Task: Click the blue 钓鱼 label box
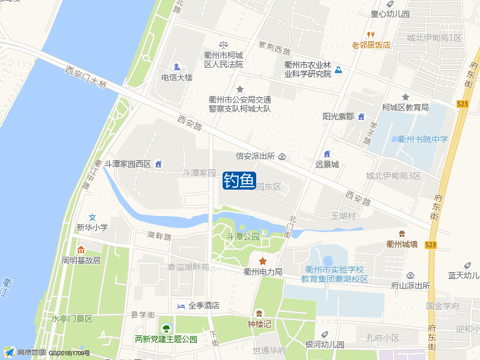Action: pyautogui.click(x=240, y=180)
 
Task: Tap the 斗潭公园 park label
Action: pyautogui.click(x=242, y=237)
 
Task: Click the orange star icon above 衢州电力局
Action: pyautogui.click(x=263, y=261)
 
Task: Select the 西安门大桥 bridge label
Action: pyautogui.click(x=86, y=77)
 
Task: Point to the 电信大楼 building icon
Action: pyautogui.click(x=177, y=67)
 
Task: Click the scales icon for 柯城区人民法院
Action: pyautogui.click(x=223, y=44)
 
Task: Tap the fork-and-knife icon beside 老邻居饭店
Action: pyautogui.click(x=371, y=35)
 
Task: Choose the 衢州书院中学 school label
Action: pyautogui.click(x=423, y=139)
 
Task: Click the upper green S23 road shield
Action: pyautogui.click(x=462, y=104)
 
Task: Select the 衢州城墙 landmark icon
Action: pyautogui.click(x=401, y=233)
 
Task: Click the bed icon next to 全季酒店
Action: pyautogui.click(x=181, y=306)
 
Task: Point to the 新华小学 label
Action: pyautogui.click(x=92, y=227)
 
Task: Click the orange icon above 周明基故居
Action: pyautogui.click(x=81, y=250)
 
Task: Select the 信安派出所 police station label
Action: pyautogui.click(x=255, y=156)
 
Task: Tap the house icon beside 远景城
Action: pyautogui.click(x=327, y=154)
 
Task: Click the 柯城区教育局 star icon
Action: pyautogui.click(x=406, y=97)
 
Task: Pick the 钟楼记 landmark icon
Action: pyautogui.click(x=259, y=313)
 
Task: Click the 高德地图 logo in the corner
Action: pyautogui.click(x=24, y=352)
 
